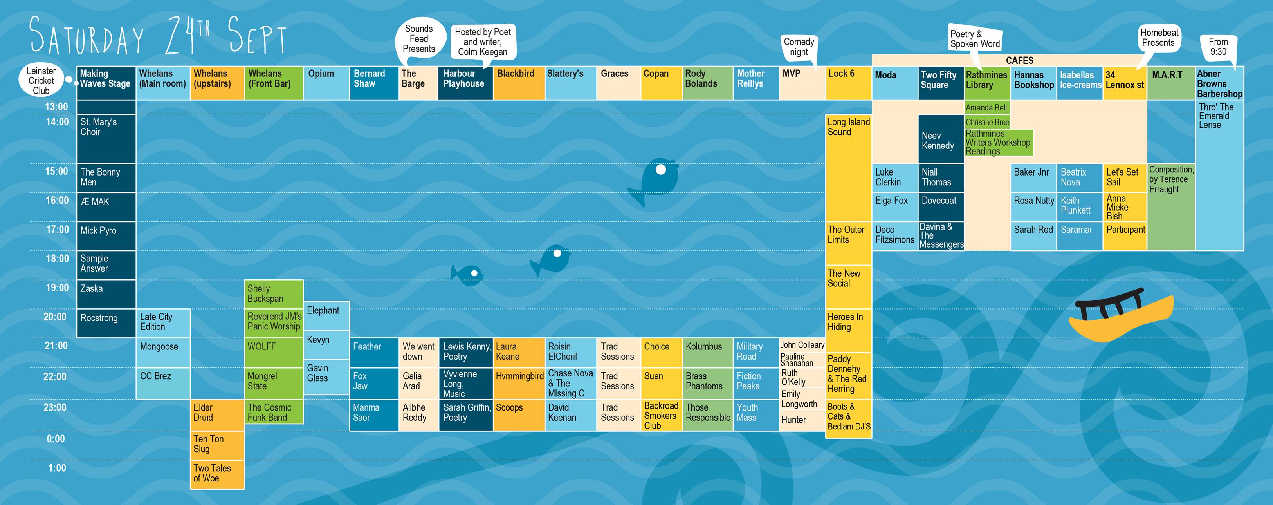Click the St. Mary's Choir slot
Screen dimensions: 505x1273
pyautogui.click(x=106, y=138)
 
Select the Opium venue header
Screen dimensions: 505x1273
pyautogui.click(x=326, y=83)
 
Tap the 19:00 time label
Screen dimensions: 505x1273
pyautogui.click(x=57, y=288)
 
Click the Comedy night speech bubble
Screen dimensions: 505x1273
pyautogui.click(x=799, y=47)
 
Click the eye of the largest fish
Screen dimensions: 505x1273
pyautogui.click(x=660, y=170)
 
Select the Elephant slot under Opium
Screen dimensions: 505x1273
pyautogui.click(x=326, y=315)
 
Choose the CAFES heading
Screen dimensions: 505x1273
pyautogui.click(x=1019, y=60)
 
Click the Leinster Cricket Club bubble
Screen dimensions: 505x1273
pyautogui.click(x=41, y=81)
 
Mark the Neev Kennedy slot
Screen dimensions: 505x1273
pyautogui.click(x=940, y=139)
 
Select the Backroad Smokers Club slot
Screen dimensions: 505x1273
pyautogui.click(x=661, y=415)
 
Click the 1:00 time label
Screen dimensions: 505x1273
pyautogui.click(x=57, y=468)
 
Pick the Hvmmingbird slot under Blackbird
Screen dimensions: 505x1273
pyautogui.click(x=519, y=383)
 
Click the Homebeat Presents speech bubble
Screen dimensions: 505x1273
pyautogui.click(x=1159, y=38)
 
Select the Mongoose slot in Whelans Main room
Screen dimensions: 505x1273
pyautogui.click(x=162, y=352)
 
